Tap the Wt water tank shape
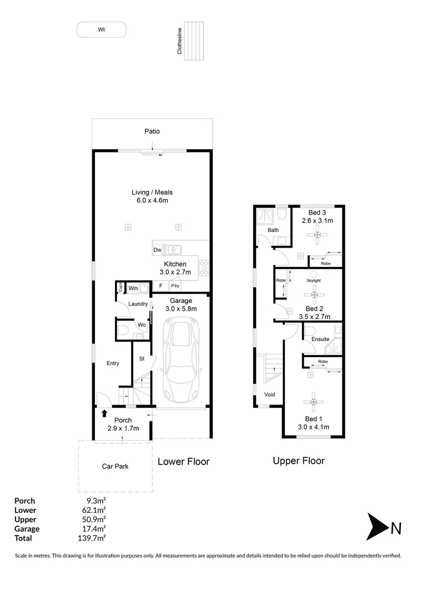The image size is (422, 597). pyautogui.click(x=102, y=30)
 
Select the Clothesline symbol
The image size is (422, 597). pyautogui.click(x=194, y=41)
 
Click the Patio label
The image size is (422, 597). pyautogui.click(x=152, y=132)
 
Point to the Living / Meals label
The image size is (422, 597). pyautogui.click(x=152, y=192)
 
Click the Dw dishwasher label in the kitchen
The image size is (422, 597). pyautogui.click(x=157, y=250)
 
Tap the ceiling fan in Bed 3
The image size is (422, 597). pyautogui.click(x=318, y=236)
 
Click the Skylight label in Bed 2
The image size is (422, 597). pyautogui.click(x=313, y=280)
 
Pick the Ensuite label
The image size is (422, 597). pyautogui.click(x=320, y=339)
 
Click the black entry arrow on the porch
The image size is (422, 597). pyautogui.click(x=104, y=412)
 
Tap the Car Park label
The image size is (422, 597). pyautogui.click(x=115, y=467)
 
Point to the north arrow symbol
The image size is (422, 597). pyautogui.click(x=377, y=527)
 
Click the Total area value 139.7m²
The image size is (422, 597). pyautogui.click(x=92, y=538)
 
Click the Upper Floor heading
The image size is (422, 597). pyautogui.click(x=299, y=460)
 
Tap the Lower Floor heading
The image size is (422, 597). pyautogui.click(x=183, y=462)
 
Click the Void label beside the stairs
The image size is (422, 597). pyautogui.click(x=270, y=395)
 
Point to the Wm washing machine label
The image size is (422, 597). pyautogui.click(x=133, y=288)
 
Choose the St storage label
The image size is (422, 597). pyautogui.click(x=141, y=359)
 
